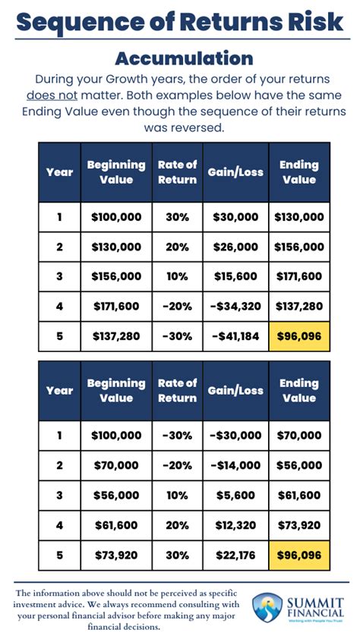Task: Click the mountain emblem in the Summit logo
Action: (x=267, y=608)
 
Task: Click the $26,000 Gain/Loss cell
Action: (x=235, y=247)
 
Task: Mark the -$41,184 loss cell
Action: (x=235, y=336)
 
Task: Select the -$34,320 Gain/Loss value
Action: (x=235, y=307)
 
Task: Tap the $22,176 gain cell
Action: (x=235, y=555)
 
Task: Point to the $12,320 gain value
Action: (x=235, y=525)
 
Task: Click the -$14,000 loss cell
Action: (x=235, y=465)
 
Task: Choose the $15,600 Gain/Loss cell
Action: (x=235, y=276)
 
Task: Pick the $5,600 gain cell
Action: (x=235, y=495)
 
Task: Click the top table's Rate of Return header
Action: (x=177, y=172)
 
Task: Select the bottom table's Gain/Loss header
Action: (x=235, y=390)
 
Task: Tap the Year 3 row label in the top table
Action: (x=59, y=276)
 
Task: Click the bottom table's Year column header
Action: (x=59, y=390)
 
